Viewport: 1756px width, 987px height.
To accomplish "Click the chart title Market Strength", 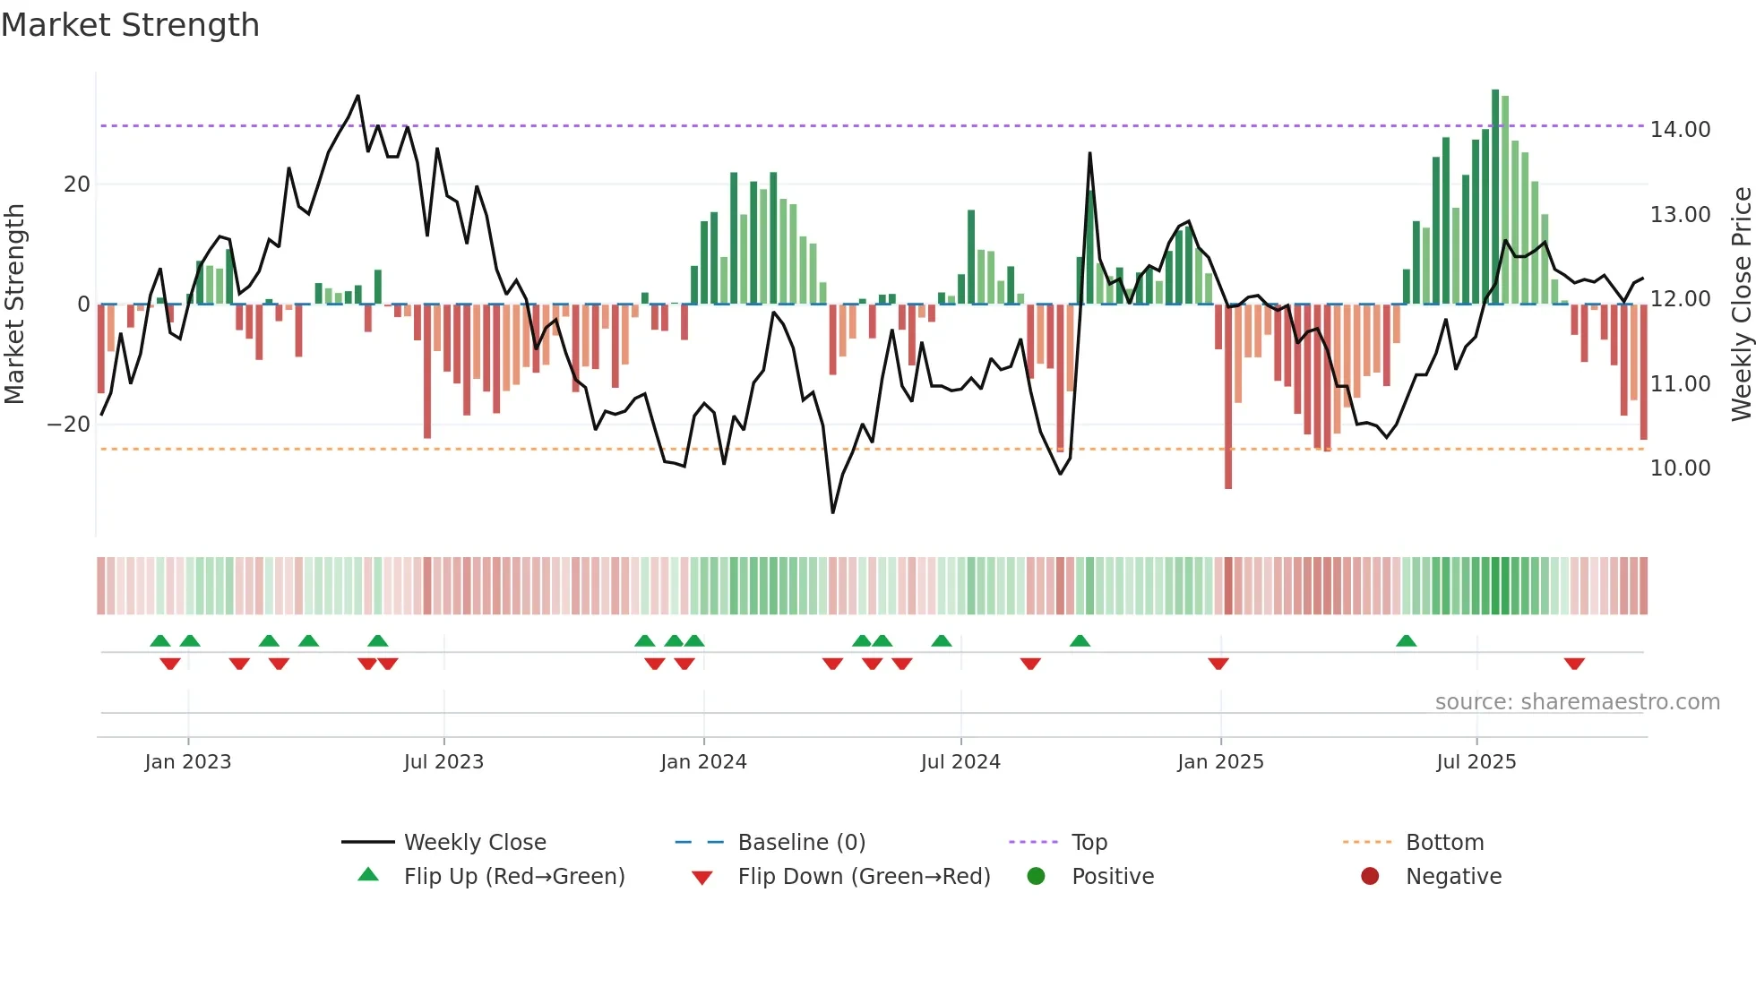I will click(131, 25).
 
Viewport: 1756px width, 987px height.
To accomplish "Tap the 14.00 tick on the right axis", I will click(1680, 130).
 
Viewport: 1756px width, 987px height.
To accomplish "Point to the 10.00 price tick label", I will click(1680, 468).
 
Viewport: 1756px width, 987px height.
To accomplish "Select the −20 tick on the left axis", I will click(69, 425).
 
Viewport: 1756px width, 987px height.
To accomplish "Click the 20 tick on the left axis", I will click(77, 185).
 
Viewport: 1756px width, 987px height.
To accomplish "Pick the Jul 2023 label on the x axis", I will click(443, 762).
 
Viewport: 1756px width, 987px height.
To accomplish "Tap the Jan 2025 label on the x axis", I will click(1220, 762).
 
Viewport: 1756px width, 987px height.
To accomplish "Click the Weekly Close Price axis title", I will click(1741, 305).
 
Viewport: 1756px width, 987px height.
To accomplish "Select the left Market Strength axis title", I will click(14, 305).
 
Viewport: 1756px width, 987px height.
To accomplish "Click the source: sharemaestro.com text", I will click(1577, 702).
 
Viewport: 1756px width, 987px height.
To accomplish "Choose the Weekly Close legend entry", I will click(474, 843).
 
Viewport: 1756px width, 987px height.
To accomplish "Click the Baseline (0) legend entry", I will click(801, 843).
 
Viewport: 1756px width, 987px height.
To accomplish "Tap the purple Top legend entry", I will click(1089, 843).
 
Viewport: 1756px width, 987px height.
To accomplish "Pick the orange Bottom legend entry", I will click(1444, 843).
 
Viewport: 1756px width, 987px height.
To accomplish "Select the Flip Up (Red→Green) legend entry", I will click(513, 877).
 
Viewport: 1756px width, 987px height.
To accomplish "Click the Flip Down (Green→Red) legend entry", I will click(864, 877).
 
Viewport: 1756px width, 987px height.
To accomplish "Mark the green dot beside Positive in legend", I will click(1036, 877).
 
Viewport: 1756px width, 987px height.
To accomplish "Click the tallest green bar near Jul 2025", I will click(1495, 197).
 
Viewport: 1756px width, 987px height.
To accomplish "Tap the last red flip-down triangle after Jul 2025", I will click(1574, 664).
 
